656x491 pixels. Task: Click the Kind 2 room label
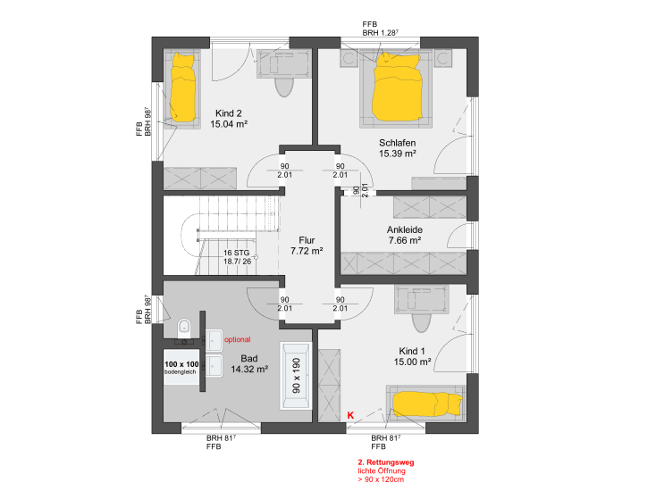pyautogui.click(x=229, y=113)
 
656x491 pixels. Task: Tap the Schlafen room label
pyautogui.click(x=398, y=143)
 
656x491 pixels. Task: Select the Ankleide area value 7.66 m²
pyautogui.click(x=405, y=240)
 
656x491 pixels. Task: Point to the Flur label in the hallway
pyautogui.click(x=307, y=240)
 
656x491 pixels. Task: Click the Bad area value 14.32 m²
pyautogui.click(x=249, y=370)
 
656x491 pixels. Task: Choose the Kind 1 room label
pyautogui.click(x=412, y=351)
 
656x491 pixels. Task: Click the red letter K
pyautogui.click(x=350, y=415)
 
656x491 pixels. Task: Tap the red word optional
pyautogui.click(x=237, y=339)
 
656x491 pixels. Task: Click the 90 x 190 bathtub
pyautogui.click(x=296, y=376)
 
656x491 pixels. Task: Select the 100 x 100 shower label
pyautogui.click(x=181, y=364)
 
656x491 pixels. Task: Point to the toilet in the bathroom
pyautogui.click(x=184, y=328)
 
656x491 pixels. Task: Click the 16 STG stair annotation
pyautogui.click(x=236, y=253)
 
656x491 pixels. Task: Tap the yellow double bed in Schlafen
pyautogui.click(x=397, y=87)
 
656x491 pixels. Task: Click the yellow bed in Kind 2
pyautogui.click(x=183, y=87)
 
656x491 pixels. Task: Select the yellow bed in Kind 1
pyautogui.click(x=427, y=404)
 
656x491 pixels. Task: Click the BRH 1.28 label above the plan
pyautogui.click(x=381, y=33)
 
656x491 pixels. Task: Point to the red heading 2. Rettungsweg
pyautogui.click(x=386, y=462)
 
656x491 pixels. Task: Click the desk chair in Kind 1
pyautogui.click(x=421, y=323)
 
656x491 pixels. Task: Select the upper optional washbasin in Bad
pyautogui.click(x=214, y=340)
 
